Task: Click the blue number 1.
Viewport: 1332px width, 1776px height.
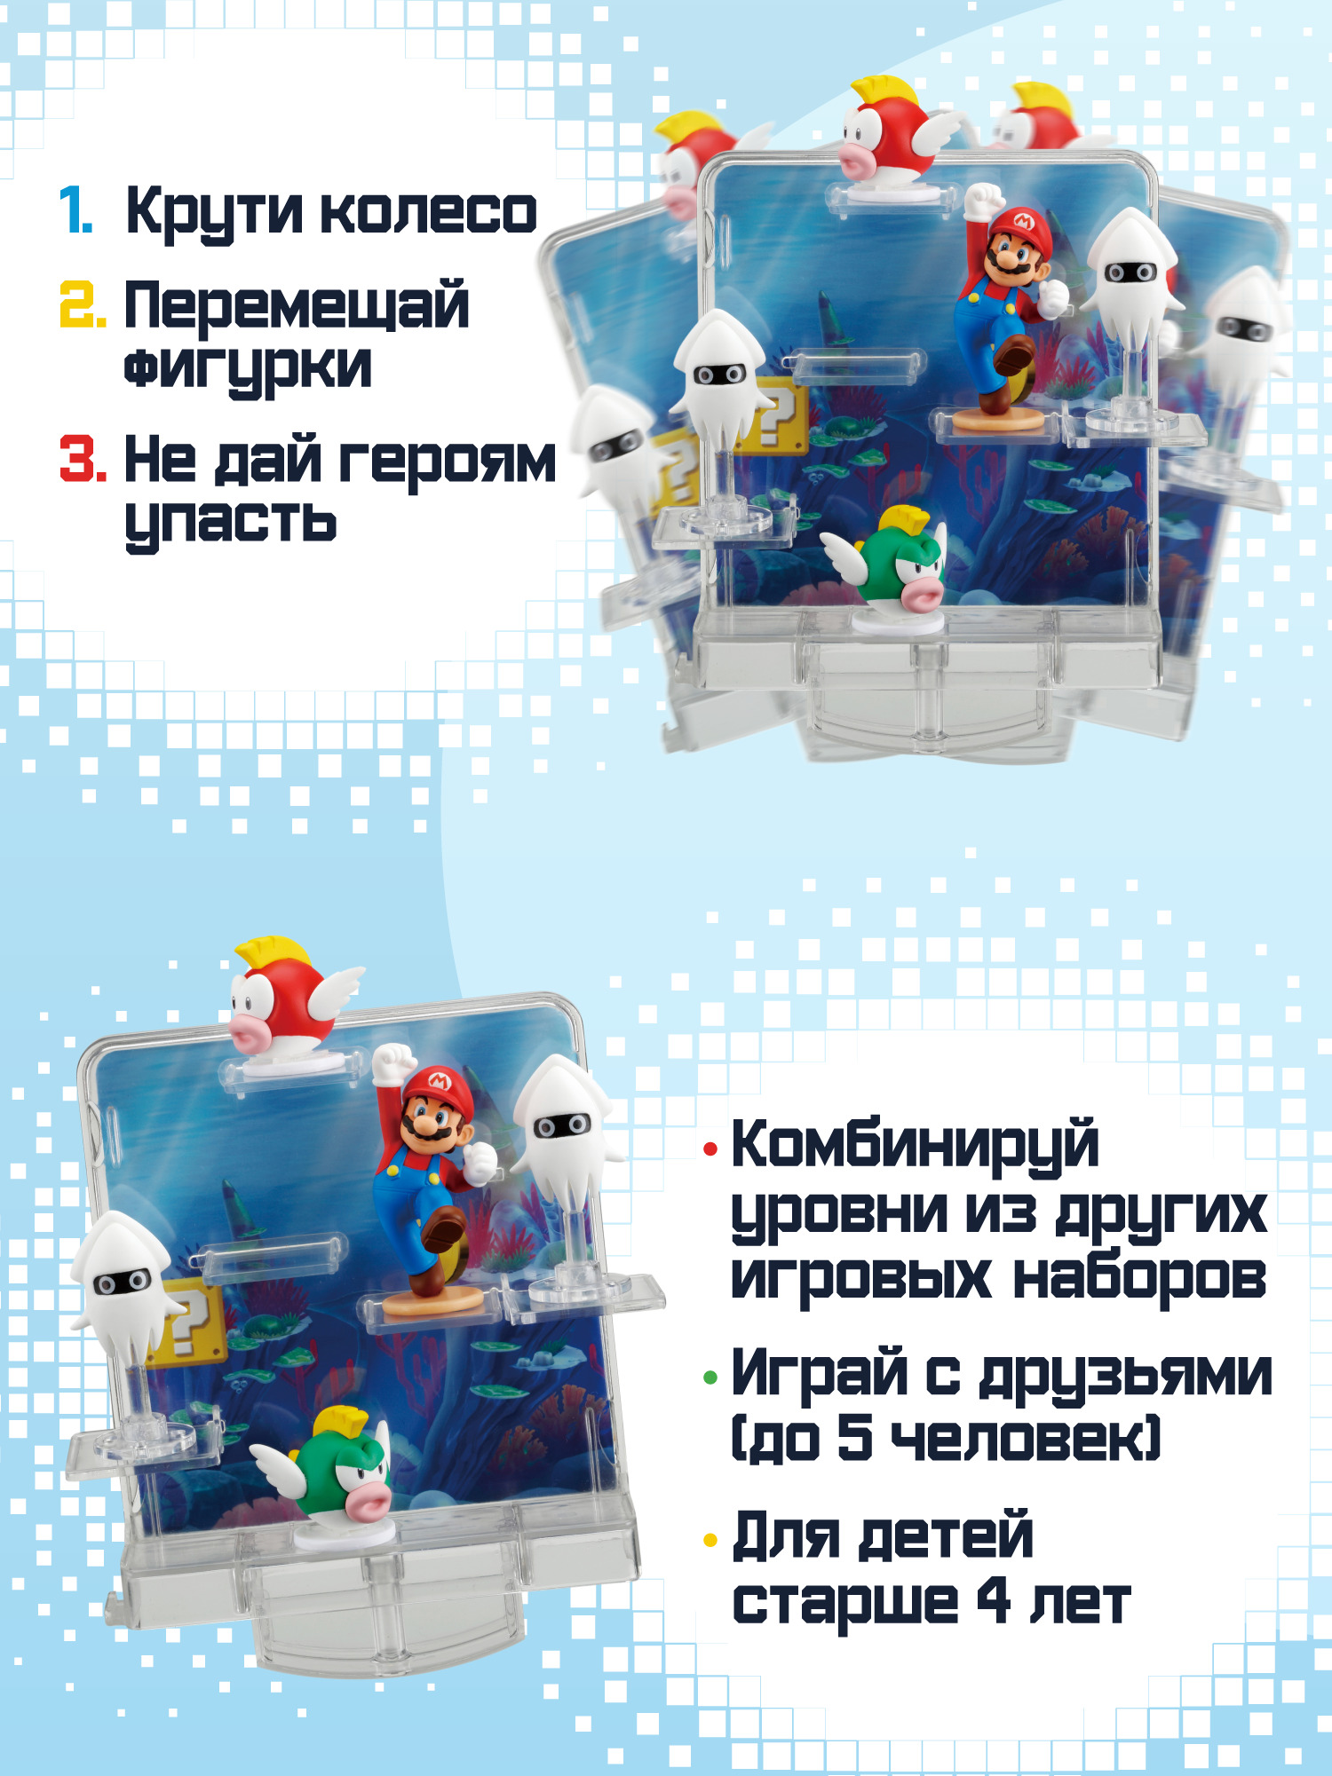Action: (76, 211)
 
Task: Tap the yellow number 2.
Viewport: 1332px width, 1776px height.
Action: (83, 304)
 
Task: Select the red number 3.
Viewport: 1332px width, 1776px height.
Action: (83, 458)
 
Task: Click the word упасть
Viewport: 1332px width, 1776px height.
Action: (231, 521)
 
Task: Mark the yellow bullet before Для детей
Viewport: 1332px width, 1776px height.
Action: (710, 1540)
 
